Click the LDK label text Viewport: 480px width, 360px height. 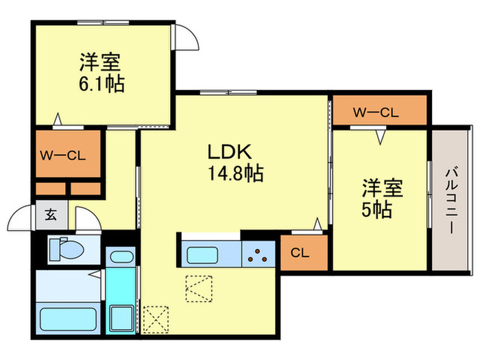(230, 152)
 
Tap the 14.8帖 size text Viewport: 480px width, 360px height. (235, 173)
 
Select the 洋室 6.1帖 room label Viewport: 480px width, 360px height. (101, 73)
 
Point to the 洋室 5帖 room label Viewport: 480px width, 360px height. (382, 199)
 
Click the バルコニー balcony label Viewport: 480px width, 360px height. (451, 200)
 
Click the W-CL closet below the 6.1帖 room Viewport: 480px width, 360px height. (68, 154)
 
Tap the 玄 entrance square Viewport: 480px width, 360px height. (51, 215)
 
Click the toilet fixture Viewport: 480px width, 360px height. (67, 250)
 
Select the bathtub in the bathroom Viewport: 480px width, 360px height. (69, 319)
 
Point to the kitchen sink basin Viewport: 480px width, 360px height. (202, 255)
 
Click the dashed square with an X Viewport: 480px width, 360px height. (156, 320)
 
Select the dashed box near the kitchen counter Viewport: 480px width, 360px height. (199, 289)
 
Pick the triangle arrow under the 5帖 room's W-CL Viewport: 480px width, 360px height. (381, 137)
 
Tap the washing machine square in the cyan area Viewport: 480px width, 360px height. (121, 318)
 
